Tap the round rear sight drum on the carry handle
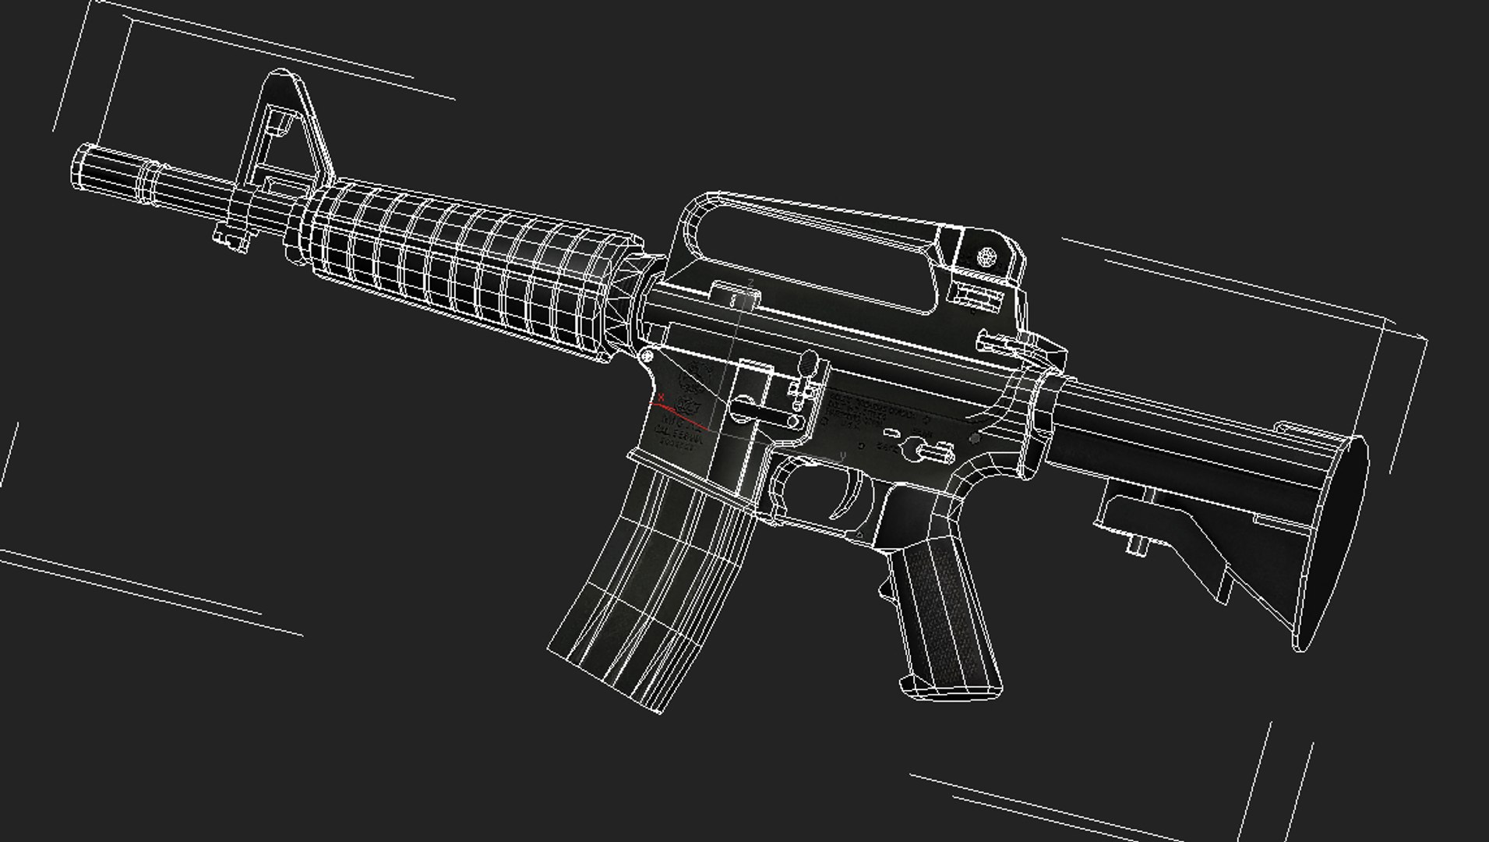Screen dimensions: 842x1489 click(x=987, y=256)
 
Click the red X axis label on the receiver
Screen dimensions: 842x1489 click(x=661, y=397)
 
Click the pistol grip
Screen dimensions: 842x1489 click(x=947, y=616)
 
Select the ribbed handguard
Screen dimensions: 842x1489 click(x=468, y=265)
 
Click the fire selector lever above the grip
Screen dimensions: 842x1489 click(x=927, y=448)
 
